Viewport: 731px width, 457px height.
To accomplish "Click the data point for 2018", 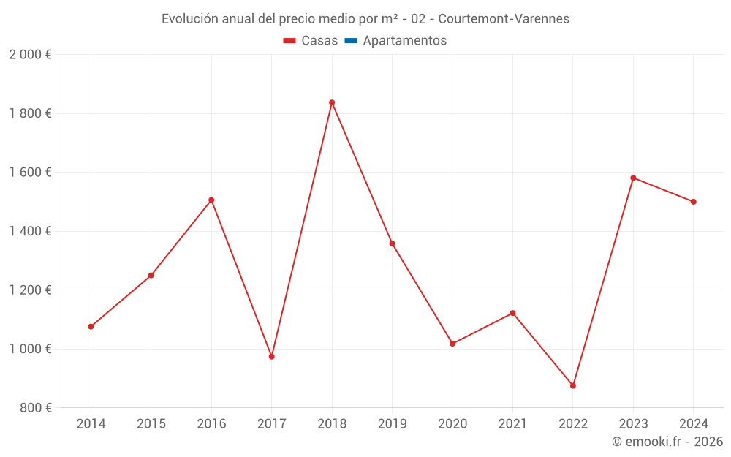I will (332, 102).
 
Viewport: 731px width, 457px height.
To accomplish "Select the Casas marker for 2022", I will (573, 385).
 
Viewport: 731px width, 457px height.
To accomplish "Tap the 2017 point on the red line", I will (271, 357).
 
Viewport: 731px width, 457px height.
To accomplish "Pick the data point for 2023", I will (633, 178).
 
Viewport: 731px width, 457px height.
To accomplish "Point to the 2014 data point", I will (91, 327).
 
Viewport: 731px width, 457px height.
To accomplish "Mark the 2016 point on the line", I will (211, 200).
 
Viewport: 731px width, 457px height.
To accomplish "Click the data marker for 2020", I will (452, 344).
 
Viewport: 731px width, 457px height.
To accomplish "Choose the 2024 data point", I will (693, 202).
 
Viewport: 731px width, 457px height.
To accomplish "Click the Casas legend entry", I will (311, 41).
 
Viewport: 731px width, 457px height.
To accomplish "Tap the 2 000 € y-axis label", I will (30, 55).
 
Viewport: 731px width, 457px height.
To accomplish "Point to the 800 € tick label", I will (35, 408).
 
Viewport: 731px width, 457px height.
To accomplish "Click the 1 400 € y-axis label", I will (30, 231).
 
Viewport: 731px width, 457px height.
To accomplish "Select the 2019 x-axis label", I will (392, 424).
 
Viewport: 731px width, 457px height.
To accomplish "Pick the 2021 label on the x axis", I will (512, 424).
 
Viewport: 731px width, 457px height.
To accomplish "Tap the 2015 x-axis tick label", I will (151, 424).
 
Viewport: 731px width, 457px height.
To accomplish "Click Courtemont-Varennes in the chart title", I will (504, 19).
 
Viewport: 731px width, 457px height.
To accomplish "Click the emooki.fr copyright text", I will (667, 442).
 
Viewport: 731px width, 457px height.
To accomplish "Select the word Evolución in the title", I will (189, 19).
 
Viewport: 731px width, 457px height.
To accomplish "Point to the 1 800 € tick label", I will (30, 113).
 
